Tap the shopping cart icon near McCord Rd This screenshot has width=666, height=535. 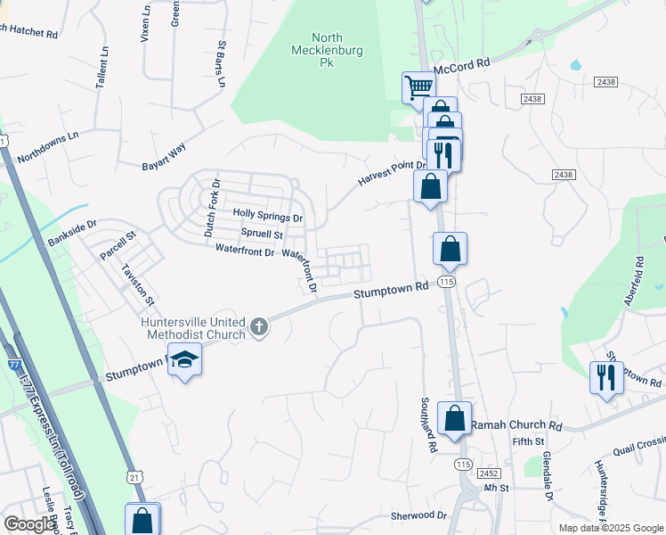point(418,87)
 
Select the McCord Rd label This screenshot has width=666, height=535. point(462,65)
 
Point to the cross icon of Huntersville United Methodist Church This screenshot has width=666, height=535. point(259,327)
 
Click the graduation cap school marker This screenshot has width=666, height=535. point(185,359)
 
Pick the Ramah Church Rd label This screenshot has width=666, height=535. point(516,425)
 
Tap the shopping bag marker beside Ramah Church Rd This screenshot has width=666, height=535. point(454,418)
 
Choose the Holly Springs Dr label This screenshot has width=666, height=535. point(267,215)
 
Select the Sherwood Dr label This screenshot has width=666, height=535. point(418,515)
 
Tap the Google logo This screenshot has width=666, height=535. point(29,525)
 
